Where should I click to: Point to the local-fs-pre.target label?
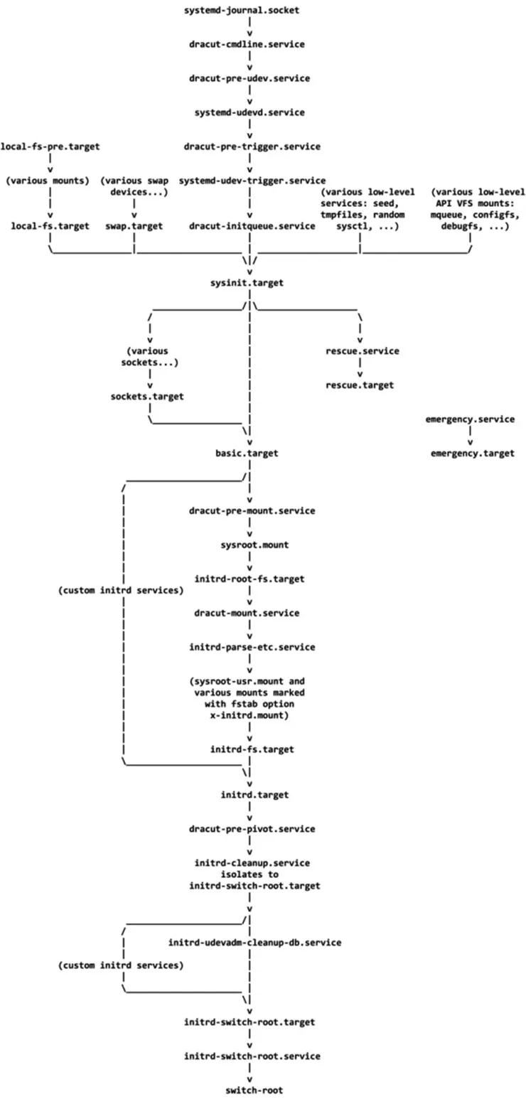[50, 146]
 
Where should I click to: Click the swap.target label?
[134, 226]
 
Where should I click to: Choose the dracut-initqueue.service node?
[252, 226]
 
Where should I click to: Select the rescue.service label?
[363, 351]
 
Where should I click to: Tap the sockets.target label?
[146, 396]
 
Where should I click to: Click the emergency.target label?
[472, 454]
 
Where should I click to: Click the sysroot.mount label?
[249, 545]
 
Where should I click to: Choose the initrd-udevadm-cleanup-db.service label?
[255, 943]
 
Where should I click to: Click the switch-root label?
[249, 1090]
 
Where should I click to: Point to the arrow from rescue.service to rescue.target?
[361, 368]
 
